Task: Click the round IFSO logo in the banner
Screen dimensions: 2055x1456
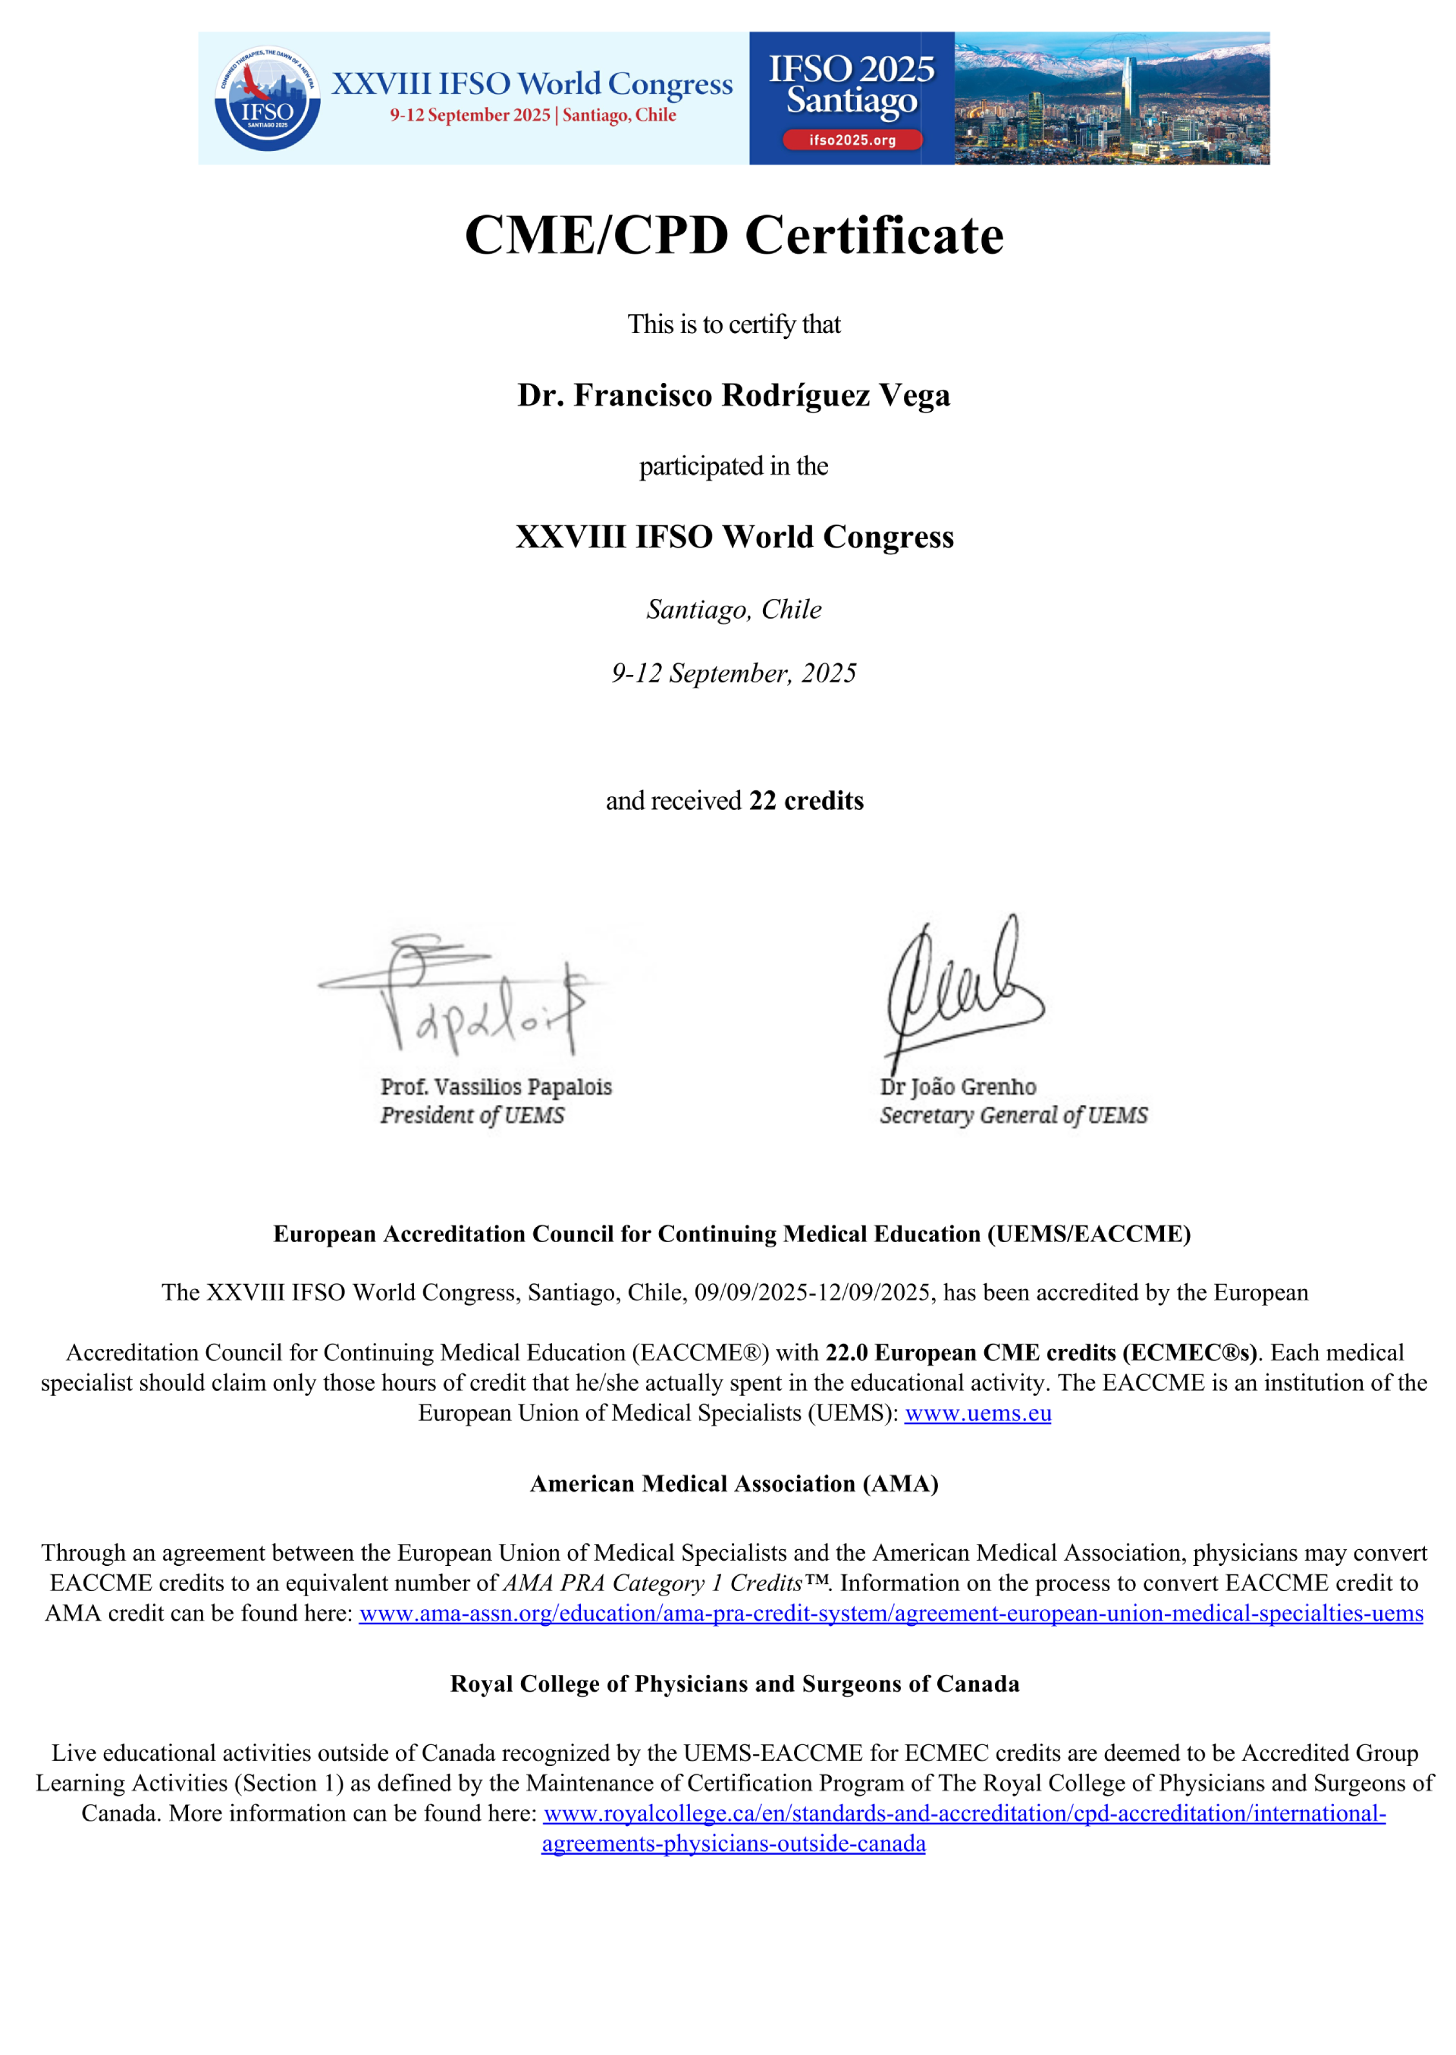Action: [x=267, y=99]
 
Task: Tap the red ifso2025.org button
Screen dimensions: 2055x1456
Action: [x=852, y=140]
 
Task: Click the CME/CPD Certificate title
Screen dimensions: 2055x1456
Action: [x=733, y=235]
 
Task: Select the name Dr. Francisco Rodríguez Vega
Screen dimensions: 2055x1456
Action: [x=733, y=394]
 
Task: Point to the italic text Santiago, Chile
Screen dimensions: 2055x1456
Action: [x=733, y=610]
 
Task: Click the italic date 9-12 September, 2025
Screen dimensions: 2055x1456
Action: [x=733, y=673]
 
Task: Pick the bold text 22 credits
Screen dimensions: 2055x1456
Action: [x=806, y=801]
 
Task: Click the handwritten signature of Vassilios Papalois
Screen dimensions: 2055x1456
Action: [x=466, y=995]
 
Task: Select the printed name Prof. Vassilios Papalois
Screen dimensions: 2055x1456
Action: [x=496, y=1087]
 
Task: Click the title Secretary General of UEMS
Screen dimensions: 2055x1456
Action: [x=1013, y=1115]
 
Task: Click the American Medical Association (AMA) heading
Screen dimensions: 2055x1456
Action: [x=733, y=1484]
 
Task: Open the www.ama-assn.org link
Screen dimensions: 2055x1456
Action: [x=890, y=1613]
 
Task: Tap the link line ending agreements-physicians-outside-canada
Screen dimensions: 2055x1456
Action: [x=733, y=1843]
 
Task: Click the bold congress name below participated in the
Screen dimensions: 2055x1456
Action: [x=733, y=536]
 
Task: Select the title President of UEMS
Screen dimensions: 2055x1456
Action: [x=472, y=1115]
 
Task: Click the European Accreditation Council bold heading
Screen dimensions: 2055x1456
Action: [x=732, y=1234]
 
